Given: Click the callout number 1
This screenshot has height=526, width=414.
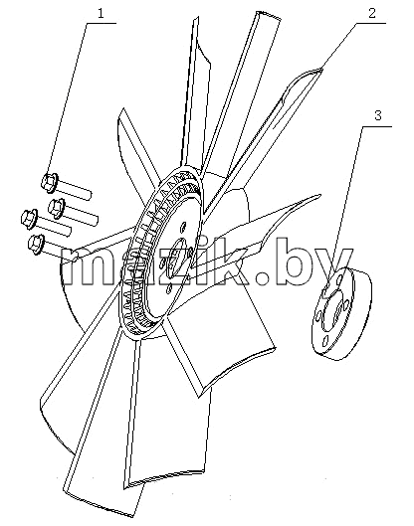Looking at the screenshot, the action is [x=102, y=13].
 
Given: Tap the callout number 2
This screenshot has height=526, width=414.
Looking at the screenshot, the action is [x=371, y=13].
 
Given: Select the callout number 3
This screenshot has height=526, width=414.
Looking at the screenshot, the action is [x=378, y=115].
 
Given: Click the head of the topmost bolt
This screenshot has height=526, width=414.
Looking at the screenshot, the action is [x=50, y=182].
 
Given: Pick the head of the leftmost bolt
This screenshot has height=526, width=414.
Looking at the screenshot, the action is [x=29, y=220].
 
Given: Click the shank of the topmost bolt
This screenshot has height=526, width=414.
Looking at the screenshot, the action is [x=75, y=190].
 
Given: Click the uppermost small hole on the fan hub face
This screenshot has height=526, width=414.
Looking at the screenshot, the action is [x=183, y=227].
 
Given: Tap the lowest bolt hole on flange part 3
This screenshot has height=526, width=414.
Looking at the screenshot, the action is [x=324, y=341].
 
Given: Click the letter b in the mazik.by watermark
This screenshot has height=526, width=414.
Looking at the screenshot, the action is [x=290, y=262].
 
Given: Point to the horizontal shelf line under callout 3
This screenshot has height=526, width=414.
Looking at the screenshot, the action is [x=377, y=126].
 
